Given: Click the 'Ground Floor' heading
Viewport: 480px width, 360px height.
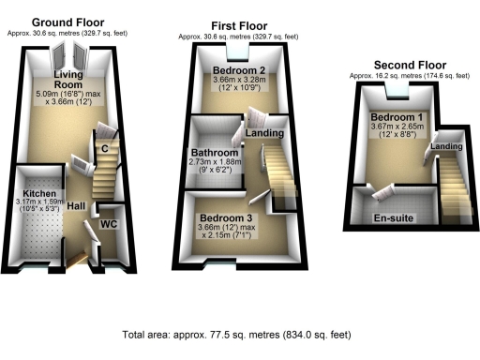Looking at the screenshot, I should coord(67,22).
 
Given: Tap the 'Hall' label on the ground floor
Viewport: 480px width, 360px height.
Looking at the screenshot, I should coord(77,205).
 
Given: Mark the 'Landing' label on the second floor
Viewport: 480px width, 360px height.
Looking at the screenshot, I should coord(445,147).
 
